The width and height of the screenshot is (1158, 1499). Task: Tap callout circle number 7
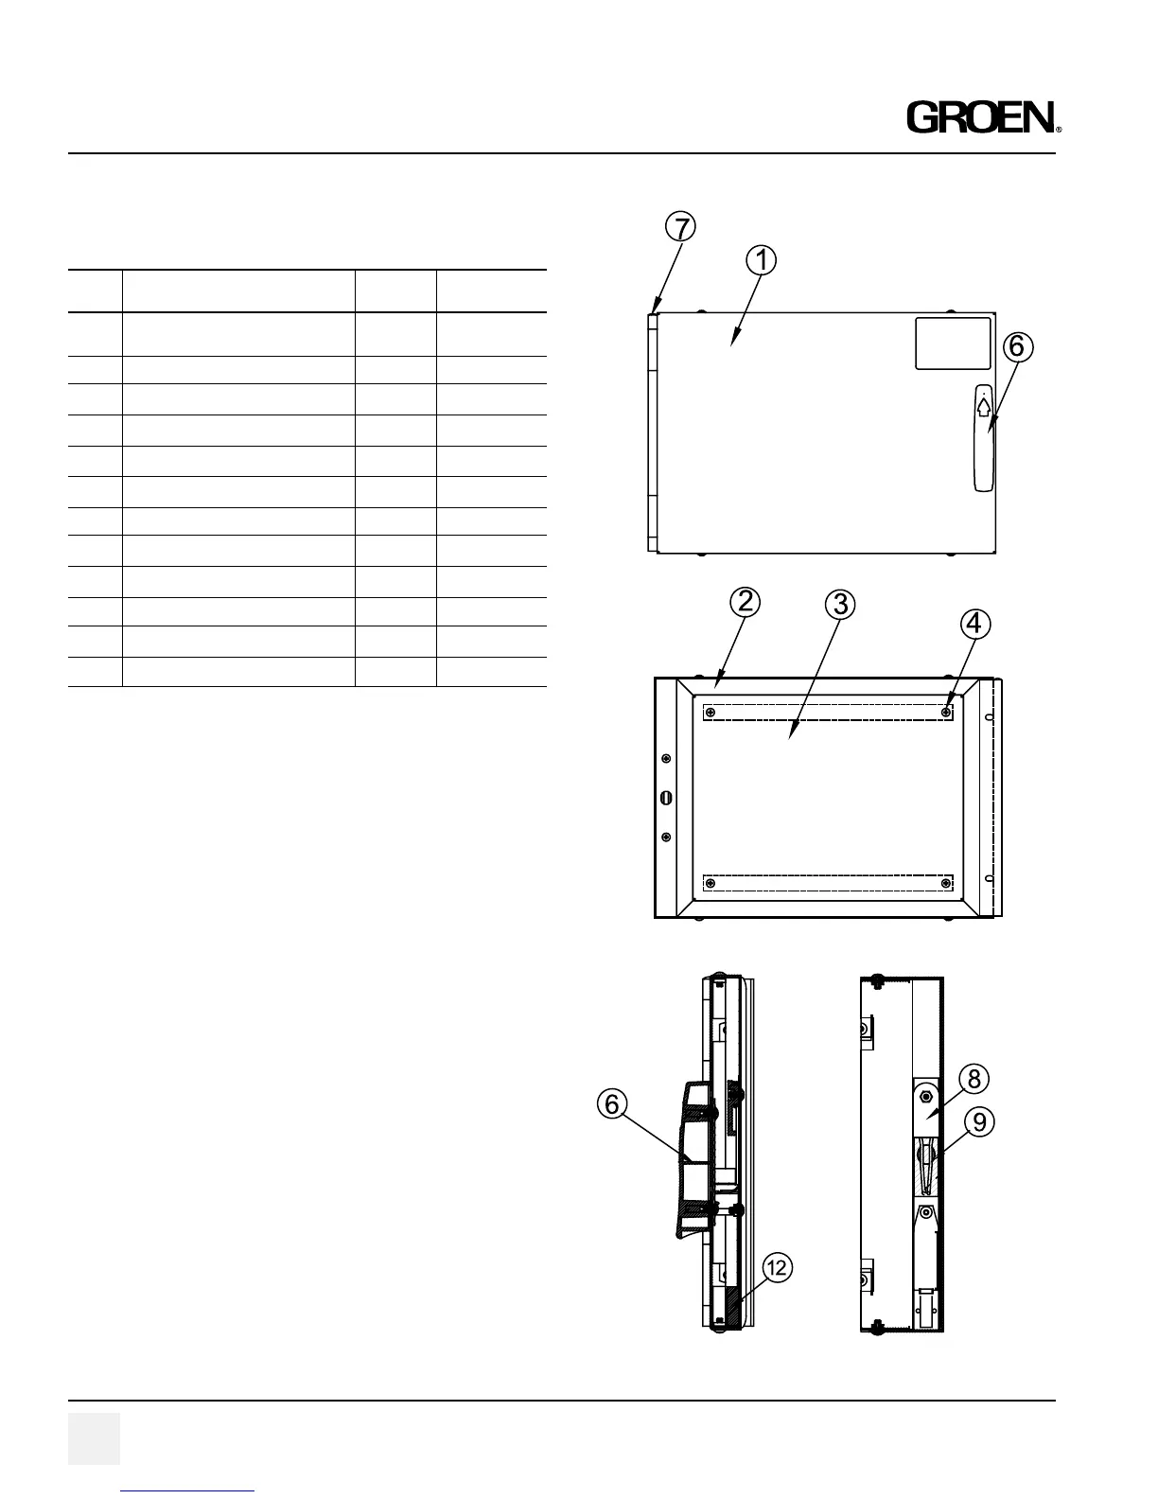click(x=679, y=227)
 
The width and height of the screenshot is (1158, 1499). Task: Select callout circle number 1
click(x=762, y=259)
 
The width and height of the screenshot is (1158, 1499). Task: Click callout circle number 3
click(x=839, y=603)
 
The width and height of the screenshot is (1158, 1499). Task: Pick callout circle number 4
click(x=975, y=624)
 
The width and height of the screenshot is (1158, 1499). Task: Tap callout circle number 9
click(x=980, y=1121)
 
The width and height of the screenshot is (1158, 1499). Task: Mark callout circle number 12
click(x=777, y=1269)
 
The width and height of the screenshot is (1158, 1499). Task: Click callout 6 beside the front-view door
click(x=1015, y=347)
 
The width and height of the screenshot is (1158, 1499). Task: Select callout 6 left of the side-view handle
click(x=613, y=1103)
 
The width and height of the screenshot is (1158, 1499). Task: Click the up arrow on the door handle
click(x=984, y=407)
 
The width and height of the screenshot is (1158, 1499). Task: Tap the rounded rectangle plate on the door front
click(x=953, y=344)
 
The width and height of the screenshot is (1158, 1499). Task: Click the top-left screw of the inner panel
click(x=711, y=713)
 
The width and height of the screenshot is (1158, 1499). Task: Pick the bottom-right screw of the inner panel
click(x=947, y=884)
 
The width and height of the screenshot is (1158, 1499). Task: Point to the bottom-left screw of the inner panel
click(x=711, y=884)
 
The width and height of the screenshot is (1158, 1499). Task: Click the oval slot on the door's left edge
click(x=665, y=798)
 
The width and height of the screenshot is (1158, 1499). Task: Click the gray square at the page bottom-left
click(x=94, y=1438)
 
